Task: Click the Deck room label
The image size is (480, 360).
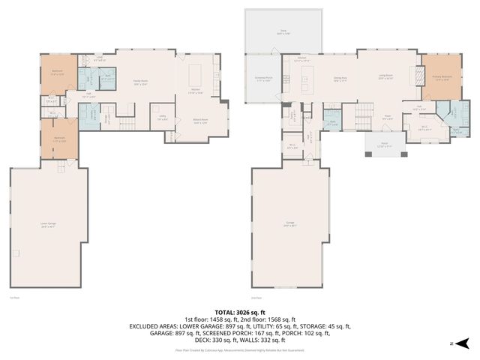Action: tap(283, 32)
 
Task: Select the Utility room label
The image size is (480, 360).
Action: tap(162, 118)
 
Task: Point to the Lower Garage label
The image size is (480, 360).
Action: tap(49, 224)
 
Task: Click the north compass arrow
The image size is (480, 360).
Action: tap(462, 343)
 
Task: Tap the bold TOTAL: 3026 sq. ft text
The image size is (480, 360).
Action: tap(240, 311)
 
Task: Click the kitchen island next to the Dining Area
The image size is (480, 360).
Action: tap(305, 76)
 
